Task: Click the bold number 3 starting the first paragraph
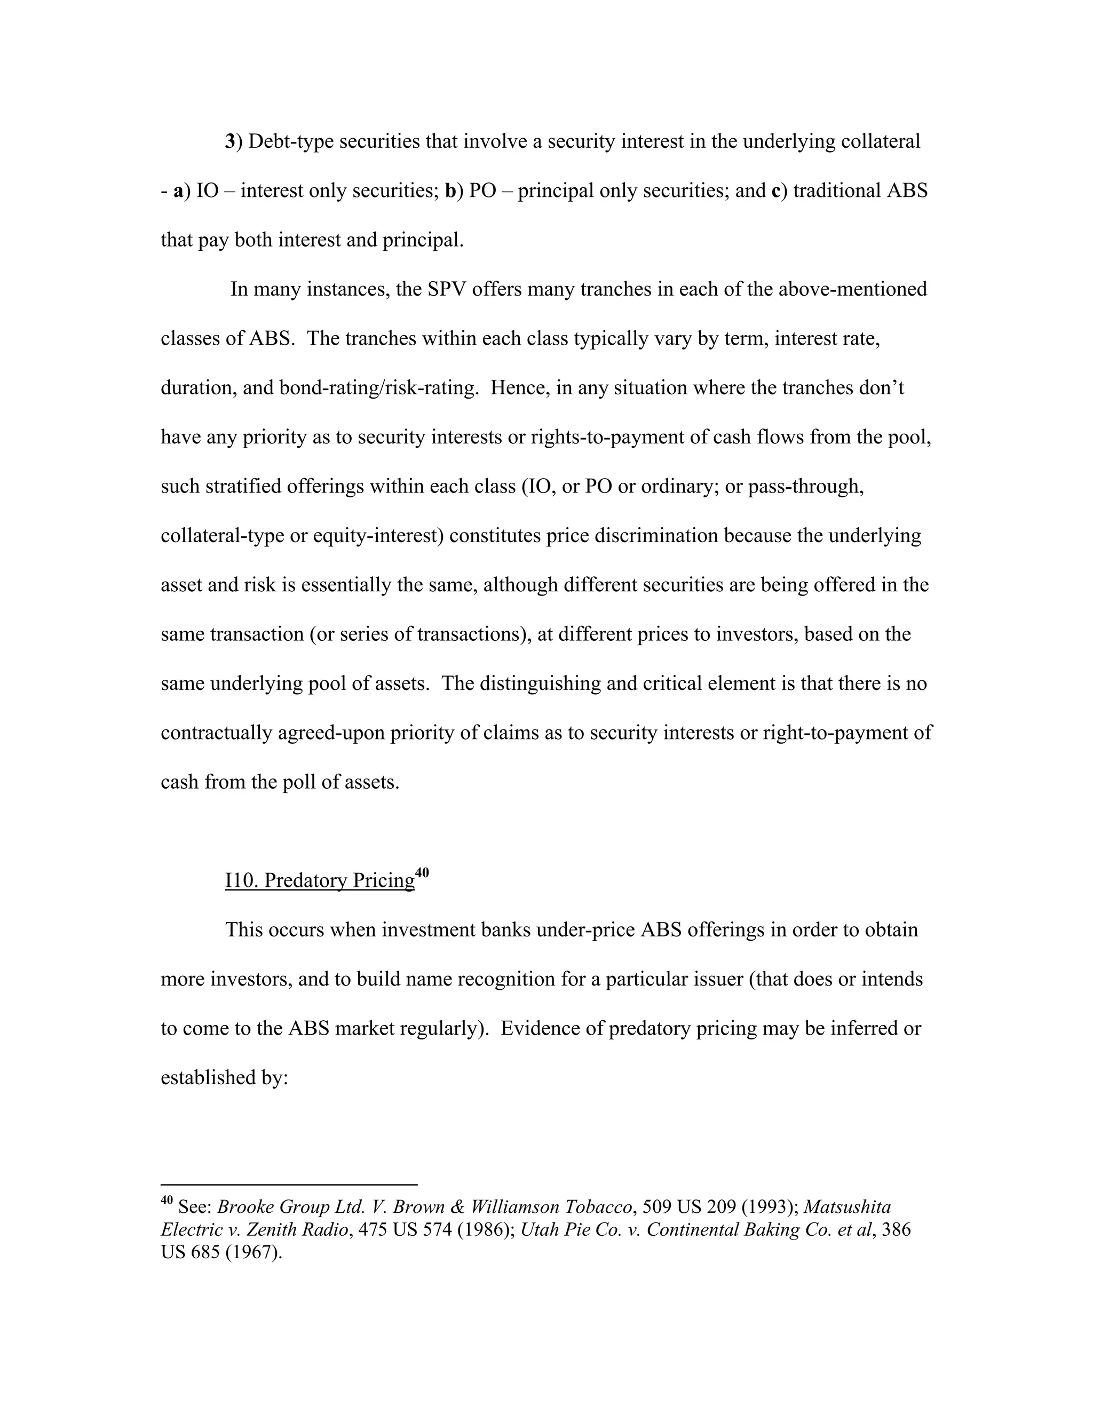click(x=229, y=142)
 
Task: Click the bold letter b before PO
click(x=450, y=191)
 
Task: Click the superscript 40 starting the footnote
click(x=167, y=1199)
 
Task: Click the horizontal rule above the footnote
click(x=289, y=1184)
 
